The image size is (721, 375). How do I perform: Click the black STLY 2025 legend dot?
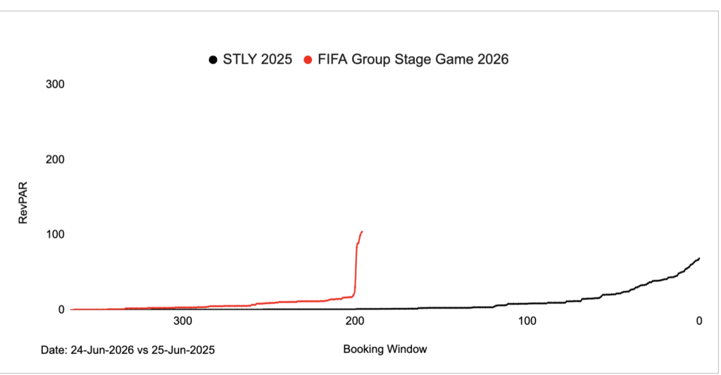point(212,61)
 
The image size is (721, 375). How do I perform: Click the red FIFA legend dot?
point(308,61)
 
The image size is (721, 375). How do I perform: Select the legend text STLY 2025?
point(256,61)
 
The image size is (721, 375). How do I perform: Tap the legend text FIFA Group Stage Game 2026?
point(411,61)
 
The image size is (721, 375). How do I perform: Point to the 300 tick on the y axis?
point(55,85)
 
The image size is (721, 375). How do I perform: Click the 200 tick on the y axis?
point(55,159)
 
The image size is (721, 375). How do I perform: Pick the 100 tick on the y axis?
point(55,234)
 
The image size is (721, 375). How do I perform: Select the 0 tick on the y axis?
point(61,309)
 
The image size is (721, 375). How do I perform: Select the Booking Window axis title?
point(385,349)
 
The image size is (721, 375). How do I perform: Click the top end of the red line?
point(362,231)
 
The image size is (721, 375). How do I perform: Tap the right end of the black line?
point(699,258)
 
